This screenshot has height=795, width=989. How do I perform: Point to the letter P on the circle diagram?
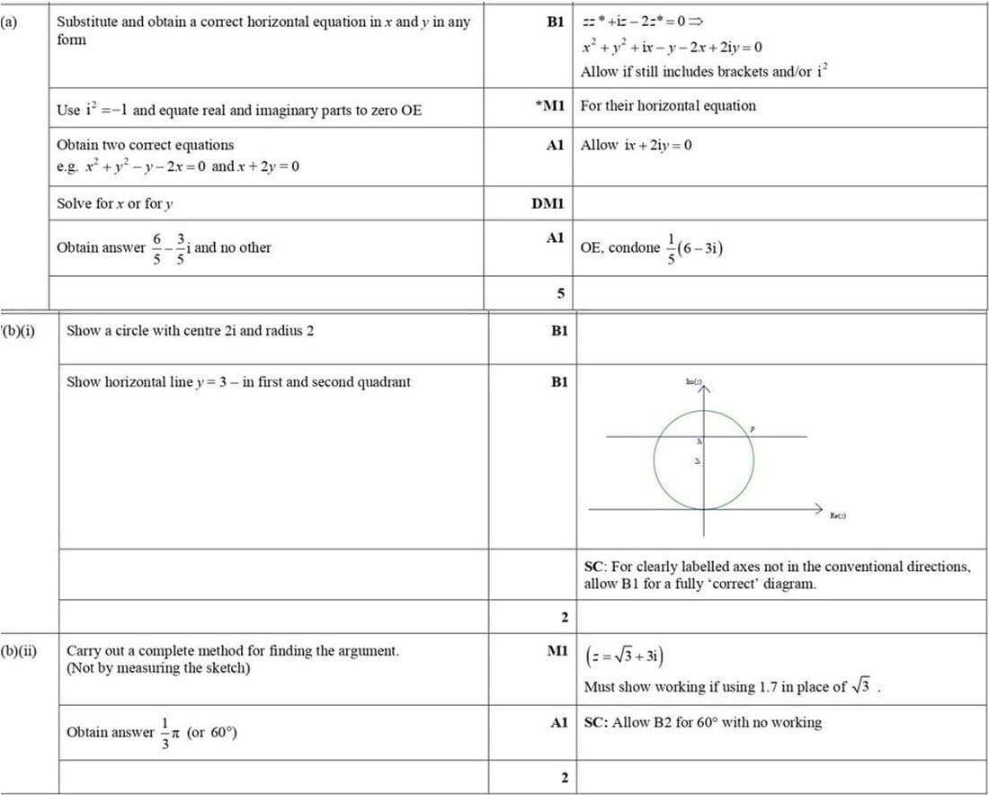(753, 431)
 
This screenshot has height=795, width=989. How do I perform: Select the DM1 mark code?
(548, 203)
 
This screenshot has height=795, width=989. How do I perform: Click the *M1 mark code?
(548, 106)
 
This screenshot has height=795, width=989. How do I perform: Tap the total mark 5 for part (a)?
(561, 293)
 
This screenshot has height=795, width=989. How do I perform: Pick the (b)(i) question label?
(20, 330)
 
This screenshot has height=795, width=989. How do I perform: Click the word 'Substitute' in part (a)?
(86, 22)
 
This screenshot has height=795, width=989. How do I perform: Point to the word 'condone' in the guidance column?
(635, 247)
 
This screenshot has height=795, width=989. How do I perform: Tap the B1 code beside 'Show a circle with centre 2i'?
(559, 331)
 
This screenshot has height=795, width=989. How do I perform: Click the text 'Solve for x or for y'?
(115, 203)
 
